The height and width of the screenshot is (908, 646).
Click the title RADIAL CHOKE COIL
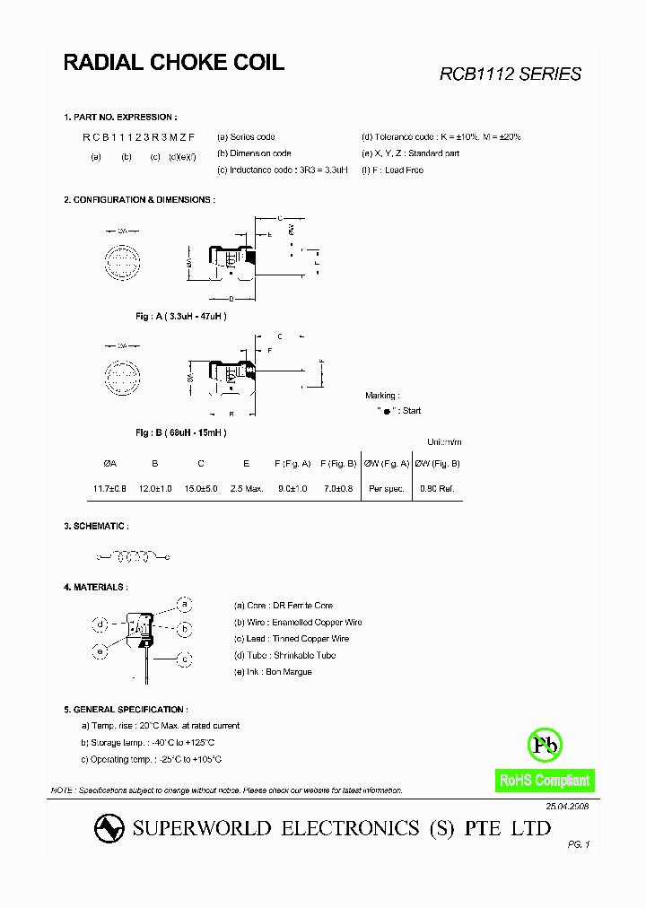coord(173,62)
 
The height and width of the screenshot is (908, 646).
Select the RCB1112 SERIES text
coord(510,74)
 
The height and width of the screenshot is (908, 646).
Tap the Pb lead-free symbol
coord(545,745)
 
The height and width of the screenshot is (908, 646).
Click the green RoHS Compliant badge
coord(545,781)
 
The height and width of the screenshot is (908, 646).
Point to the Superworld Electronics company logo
coord(109,829)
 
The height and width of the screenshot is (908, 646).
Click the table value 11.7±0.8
coord(110,488)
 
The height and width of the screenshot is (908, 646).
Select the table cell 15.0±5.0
coord(201,488)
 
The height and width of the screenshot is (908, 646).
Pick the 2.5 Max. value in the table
coord(246,488)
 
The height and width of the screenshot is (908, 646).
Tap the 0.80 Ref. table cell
coord(438,488)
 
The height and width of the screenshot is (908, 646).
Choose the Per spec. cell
coord(386,488)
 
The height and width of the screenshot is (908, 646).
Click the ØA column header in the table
coord(110,464)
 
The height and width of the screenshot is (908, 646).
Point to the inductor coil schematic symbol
coord(133,557)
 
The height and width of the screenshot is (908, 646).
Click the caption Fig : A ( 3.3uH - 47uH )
coord(180,317)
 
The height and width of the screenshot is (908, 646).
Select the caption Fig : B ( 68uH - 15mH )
coord(180,432)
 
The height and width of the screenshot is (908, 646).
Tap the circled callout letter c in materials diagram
coord(184,659)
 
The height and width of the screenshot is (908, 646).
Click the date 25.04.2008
coord(567,807)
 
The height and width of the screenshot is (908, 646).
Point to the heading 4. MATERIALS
coord(95,587)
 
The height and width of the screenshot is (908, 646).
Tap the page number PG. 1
coord(579,844)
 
